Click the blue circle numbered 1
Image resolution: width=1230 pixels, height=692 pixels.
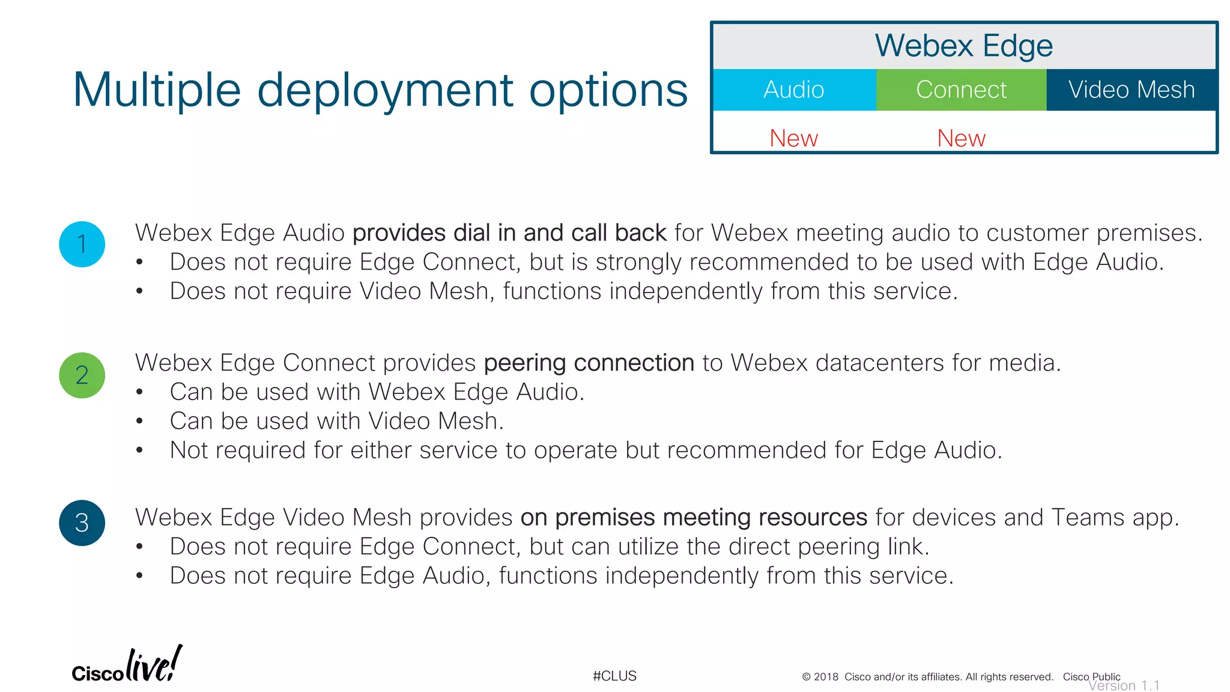pyautogui.click(x=82, y=244)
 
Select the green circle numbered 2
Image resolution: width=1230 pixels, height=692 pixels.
pyautogui.click(x=82, y=375)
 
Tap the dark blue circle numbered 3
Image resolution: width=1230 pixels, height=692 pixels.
pyautogui.click(x=82, y=523)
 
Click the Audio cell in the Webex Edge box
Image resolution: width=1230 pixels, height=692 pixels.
pyautogui.click(x=794, y=90)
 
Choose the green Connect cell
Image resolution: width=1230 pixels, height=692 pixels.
pyautogui.click(x=961, y=90)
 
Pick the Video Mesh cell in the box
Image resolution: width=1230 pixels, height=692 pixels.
pyautogui.click(x=1132, y=90)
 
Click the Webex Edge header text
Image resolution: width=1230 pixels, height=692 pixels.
pyautogui.click(x=963, y=46)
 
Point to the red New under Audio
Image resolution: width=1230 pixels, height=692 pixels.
pyautogui.click(x=793, y=138)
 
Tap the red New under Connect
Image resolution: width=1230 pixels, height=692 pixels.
pyautogui.click(x=961, y=138)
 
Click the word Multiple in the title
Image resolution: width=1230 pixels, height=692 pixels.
pyautogui.click(x=157, y=90)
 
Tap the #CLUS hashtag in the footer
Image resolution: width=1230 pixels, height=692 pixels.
pyautogui.click(x=614, y=676)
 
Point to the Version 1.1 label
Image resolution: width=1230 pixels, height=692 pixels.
pyautogui.click(x=1124, y=685)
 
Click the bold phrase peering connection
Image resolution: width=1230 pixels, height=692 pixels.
pyautogui.click(x=589, y=363)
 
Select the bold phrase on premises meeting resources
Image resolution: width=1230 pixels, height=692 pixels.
pyautogui.click(x=694, y=517)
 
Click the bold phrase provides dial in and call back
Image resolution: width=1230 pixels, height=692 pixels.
pyautogui.click(x=509, y=232)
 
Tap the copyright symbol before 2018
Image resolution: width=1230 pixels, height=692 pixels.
pyautogui.click(x=806, y=677)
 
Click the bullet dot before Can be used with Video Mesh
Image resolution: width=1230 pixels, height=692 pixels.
pyautogui.click(x=139, y=422)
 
